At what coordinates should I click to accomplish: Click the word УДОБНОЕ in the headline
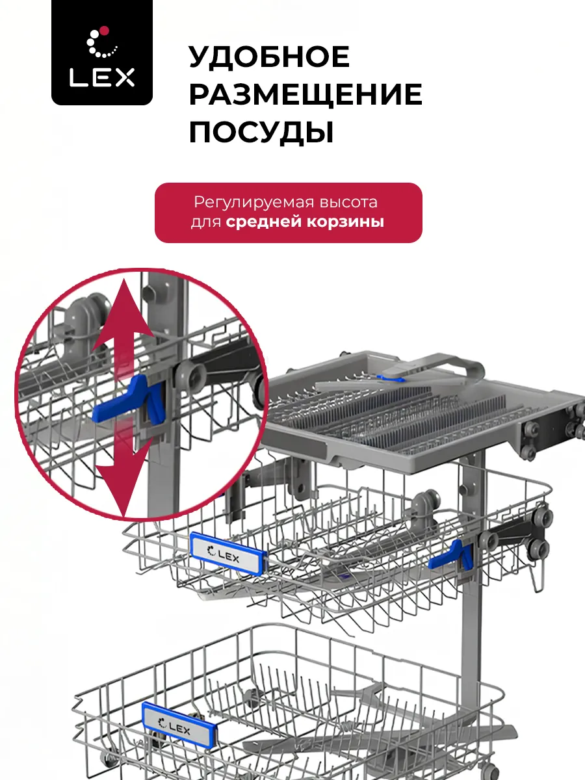(270, 57)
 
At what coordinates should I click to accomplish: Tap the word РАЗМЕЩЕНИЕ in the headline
(305, 94)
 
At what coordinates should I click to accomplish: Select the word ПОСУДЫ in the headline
(261, 133)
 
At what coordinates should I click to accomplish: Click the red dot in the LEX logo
(105, 31)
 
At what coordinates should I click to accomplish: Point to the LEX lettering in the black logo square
(102, 77)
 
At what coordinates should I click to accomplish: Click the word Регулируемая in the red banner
(254, 203)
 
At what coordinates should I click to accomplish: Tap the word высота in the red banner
(348, 202)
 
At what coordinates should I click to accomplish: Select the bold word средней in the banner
(264, 222)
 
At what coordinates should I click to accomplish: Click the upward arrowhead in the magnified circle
(123, 310)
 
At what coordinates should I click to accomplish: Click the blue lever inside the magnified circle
(130, 399)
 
